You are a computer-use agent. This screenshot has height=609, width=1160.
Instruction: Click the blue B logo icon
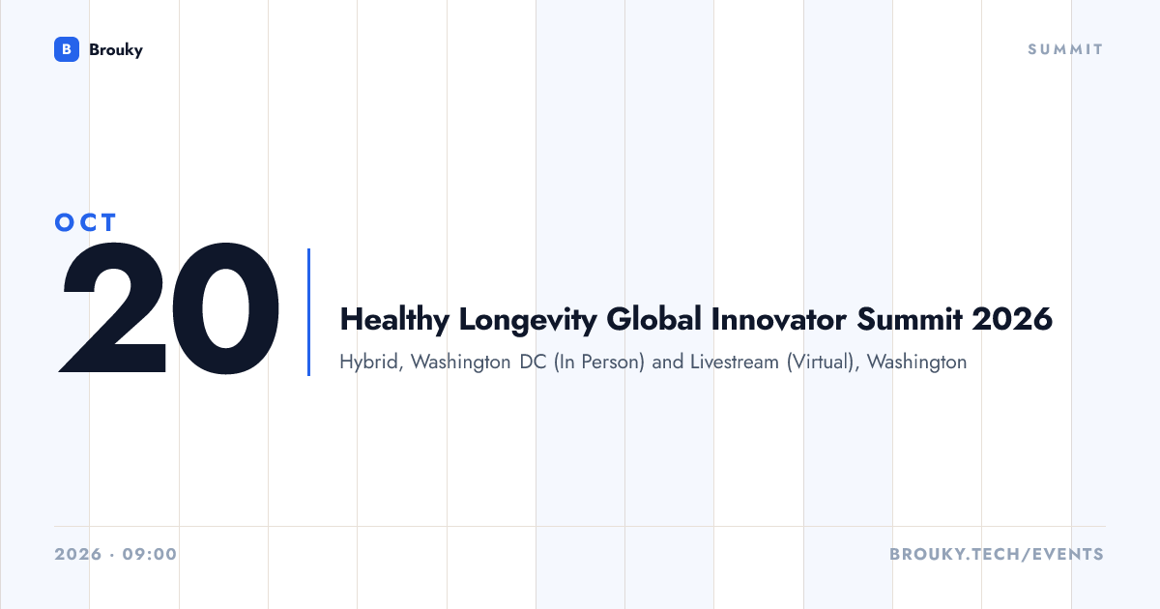pos(67,49)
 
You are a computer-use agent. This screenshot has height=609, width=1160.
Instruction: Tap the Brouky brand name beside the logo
pos(116,49)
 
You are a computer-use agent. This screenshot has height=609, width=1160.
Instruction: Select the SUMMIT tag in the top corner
pos(1065,49)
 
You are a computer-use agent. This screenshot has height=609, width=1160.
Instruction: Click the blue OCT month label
pos(86,222)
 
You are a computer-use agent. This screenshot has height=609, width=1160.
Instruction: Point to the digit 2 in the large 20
pos(113,307)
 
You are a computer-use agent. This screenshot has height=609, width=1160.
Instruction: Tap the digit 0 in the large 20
pos(226,307)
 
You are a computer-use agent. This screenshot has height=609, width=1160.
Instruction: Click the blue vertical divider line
pos(308,312)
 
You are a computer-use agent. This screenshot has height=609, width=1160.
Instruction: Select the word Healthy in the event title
pos(394,320)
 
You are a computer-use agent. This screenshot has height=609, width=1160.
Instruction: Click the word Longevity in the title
pos(528,320)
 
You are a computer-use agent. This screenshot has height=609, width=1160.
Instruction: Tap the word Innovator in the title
pos(779,318)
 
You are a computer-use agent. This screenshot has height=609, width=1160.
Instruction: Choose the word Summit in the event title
pos(910,318)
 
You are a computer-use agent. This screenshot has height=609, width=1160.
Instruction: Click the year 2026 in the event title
pos(1012,318)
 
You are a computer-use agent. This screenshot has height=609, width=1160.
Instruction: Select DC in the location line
pos(533,362)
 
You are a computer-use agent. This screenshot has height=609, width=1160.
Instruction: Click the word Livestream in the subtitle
pos(735,362)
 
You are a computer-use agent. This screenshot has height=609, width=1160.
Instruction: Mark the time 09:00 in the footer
pos(150,554)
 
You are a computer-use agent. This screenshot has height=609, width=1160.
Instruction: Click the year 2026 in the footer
pos(78,554)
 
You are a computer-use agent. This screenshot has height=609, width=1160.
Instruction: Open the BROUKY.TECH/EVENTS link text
pos(997,554)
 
